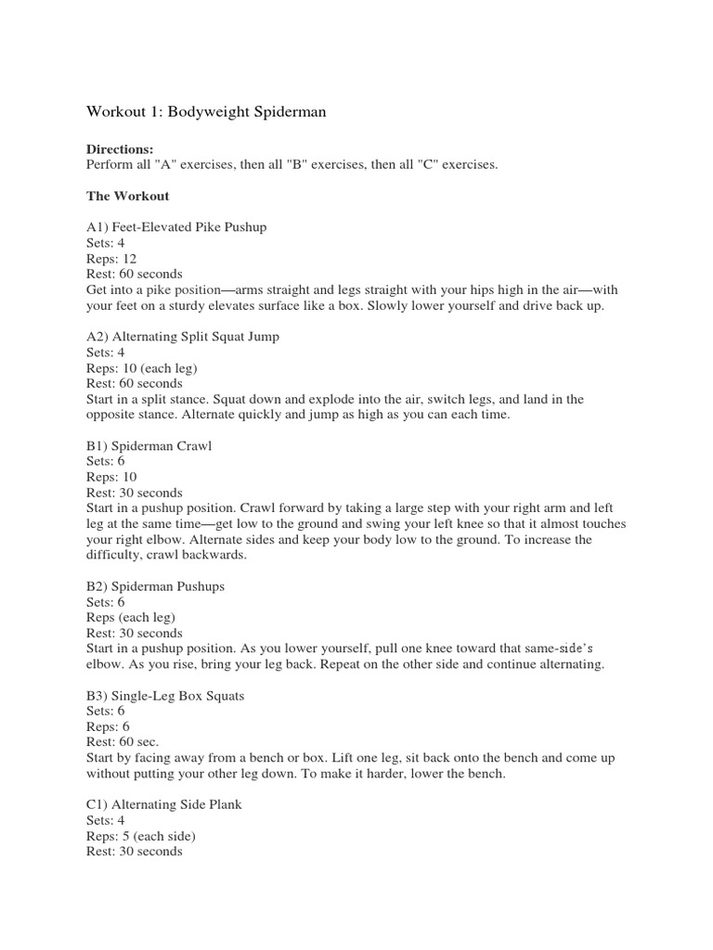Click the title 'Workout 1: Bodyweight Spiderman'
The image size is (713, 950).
point(206,112)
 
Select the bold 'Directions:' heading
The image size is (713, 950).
point(120,149)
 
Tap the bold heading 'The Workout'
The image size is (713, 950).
point(127,196)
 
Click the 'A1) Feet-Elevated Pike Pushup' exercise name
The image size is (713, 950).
point(176,227)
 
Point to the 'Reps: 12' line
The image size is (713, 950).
point(110,259)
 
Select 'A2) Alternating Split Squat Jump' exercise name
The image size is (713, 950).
point(183,337)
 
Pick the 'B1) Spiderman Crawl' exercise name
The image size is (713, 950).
point(149,446)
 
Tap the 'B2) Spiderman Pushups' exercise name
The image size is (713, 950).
point(156,587)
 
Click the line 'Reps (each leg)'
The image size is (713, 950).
point(131,618)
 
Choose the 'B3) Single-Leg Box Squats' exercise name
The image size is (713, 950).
point(165,696)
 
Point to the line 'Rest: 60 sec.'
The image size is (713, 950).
point(123,742)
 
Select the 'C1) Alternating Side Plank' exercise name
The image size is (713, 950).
point(164,805)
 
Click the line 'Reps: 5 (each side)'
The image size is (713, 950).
point(140,836)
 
